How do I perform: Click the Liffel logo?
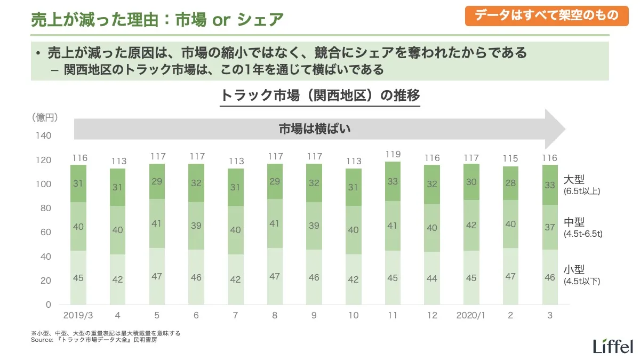(613, 345)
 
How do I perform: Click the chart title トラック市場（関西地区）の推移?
(320, 96)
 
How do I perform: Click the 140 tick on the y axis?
(45, 136)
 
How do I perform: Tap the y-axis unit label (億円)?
(45, 117)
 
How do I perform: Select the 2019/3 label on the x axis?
(78, 316)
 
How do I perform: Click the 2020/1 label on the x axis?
(471, 316)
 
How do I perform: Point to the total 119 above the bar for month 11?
(393, 155)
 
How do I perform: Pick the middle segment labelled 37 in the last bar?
(549, 227)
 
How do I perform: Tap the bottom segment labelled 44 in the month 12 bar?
(432, 278)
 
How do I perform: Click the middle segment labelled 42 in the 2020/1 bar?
(471, 225)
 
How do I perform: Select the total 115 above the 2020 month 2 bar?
(510, 159)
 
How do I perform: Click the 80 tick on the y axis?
(46, 208)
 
